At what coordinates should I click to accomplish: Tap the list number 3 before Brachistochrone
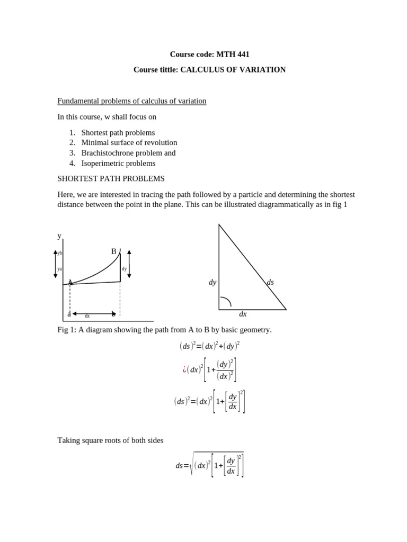[x=72, y=153]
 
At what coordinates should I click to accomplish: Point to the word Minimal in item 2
[x=94, y=142]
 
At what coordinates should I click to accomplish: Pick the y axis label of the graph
[x=59, y=236]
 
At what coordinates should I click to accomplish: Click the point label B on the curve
[x=113, y=251]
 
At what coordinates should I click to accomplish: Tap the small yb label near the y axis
[x=60, y=253]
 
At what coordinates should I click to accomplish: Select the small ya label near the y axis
[x=60, y=269]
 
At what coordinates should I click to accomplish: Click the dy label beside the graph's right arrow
[x=124, y=269]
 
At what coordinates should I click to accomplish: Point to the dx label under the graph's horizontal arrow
[x=87, y=316]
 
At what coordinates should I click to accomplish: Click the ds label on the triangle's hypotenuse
[x=270, y=283]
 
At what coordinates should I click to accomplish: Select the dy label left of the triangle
[x=213, y=283]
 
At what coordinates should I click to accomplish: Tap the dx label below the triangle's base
[x=243, y=314]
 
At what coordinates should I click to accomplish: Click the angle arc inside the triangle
[x=226, y=301]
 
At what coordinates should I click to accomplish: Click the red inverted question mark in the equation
[x=184, y=369]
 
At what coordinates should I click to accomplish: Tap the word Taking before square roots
[x=69, y=440]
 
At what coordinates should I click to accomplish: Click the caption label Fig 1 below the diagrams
[x=65, y=330]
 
